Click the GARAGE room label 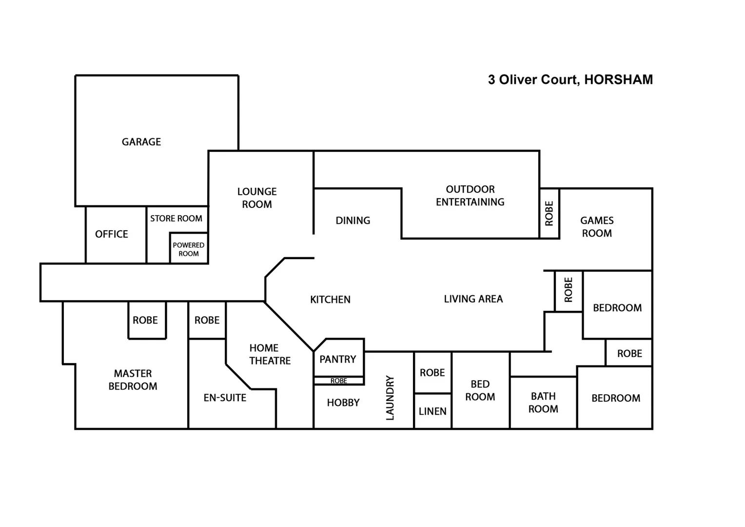(x=141, y=142)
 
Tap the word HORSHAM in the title (x=618, y=80)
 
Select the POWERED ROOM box (x=189, y=249)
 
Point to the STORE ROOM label (x=176, y=219)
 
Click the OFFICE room (x=112, y=234)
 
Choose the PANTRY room (x=338, y=359)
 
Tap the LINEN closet (x=432, y=411)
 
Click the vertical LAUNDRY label (x=390, y=398)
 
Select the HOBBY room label (x=343, y=403)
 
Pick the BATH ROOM (x=543, y=403)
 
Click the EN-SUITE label (x=225, y=398)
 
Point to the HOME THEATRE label (x=270, y=354)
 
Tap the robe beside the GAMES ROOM (x=549, y=214)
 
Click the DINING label (x=353, y=221)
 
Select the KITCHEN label (x=330, y=300)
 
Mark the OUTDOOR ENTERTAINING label (x=470, y=196)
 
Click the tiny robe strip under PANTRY (x=338, y=381)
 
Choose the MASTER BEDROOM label (x=133, y=380)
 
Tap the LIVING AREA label (x=473, y=299)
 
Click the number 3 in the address (x=491, y=80)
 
